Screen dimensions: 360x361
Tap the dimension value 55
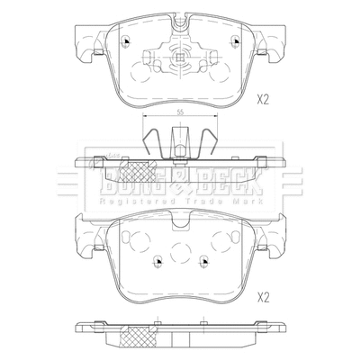click(180, 112)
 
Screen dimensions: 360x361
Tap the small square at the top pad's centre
click(180, 60)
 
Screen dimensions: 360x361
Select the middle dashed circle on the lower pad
click(181, 254)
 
